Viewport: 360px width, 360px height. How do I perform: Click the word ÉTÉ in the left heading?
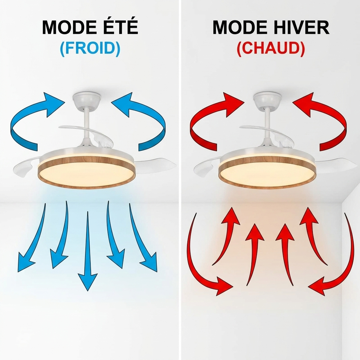tap(119, 27)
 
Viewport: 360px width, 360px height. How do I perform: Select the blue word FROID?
tap(90, 49)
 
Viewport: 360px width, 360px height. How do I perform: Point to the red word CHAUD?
tap(271, 49)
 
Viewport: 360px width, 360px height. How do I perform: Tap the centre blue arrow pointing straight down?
tap(88, 251)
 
